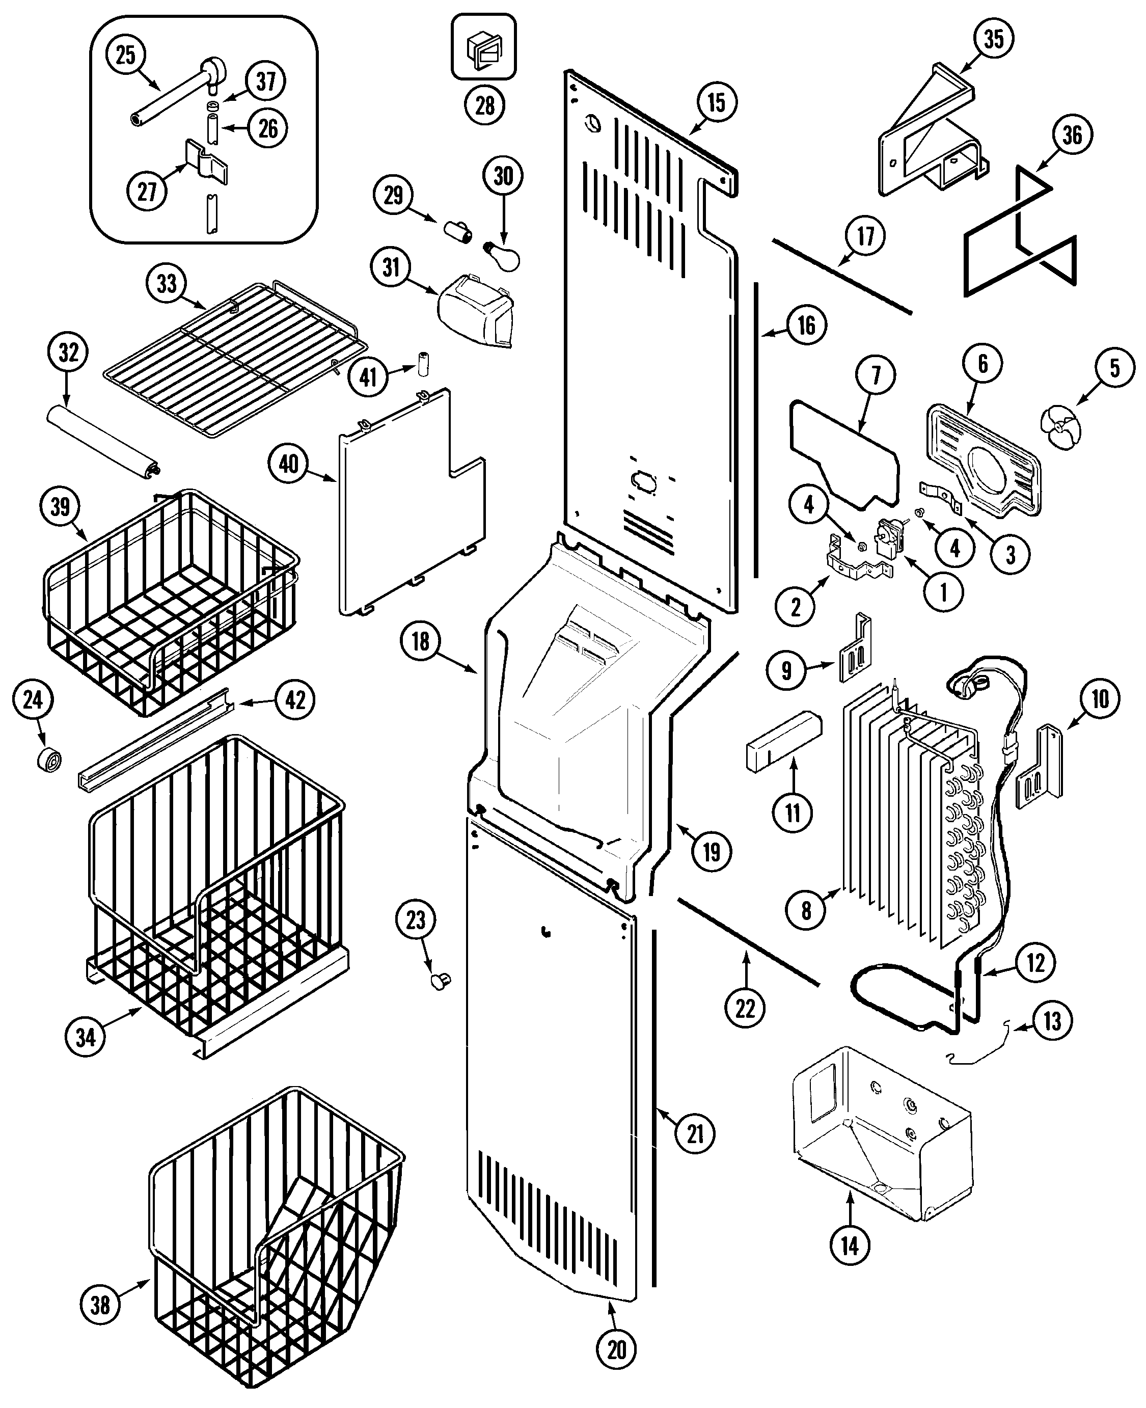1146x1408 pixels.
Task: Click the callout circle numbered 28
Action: tap(484, 105)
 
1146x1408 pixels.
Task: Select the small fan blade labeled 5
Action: tap(1061, 428)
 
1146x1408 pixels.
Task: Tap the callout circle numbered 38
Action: tap(100, 1305)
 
